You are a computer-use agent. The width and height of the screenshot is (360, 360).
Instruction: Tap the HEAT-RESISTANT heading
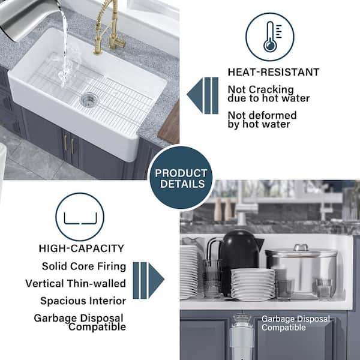pyautogui.click(x=274, y=73)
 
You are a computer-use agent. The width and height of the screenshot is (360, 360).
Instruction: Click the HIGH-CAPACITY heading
pyautogui.click(x=81, y=248)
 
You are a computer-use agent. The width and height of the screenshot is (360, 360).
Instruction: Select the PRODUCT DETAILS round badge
pyautogui.click(x=181, y=178)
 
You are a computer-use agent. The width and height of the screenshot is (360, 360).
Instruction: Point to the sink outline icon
pyautogui.click(x=80, y=218)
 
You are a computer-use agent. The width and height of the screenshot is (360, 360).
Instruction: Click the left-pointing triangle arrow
pyautogui.click(x=195, y=95)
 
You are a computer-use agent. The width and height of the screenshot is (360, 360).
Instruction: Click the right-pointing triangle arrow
pyautogui.click(x=156, y=280)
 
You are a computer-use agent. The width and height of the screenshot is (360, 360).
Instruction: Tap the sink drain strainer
pyautogui.click(x=89, y=100)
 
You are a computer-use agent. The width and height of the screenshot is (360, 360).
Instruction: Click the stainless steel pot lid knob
pyautogui.click(x=301, y=247)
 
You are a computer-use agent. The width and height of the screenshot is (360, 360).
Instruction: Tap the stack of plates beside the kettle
pyautogui.click(x=253, y=284)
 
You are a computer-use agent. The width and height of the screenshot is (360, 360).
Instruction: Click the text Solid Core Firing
pyautogui.click(x=84, y=266)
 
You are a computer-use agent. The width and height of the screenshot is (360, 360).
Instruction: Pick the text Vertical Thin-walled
pyautogui.click(x=76, y=284)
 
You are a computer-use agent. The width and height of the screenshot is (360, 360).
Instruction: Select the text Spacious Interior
pyautogui.click(x=83, y=301)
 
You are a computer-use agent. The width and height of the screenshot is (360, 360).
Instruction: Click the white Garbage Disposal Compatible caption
pyautogui.click(x=295, y=323)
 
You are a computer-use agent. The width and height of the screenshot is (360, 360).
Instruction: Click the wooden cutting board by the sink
pyautogui.click(x=169, y=124)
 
